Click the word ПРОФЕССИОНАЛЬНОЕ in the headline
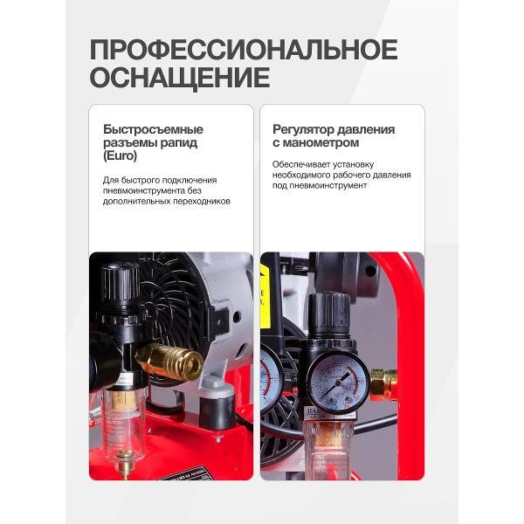click(243, 49)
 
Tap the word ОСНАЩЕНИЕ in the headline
click(179, 79)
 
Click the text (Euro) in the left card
click(120, 157)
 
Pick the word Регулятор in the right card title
click(302, 129)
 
